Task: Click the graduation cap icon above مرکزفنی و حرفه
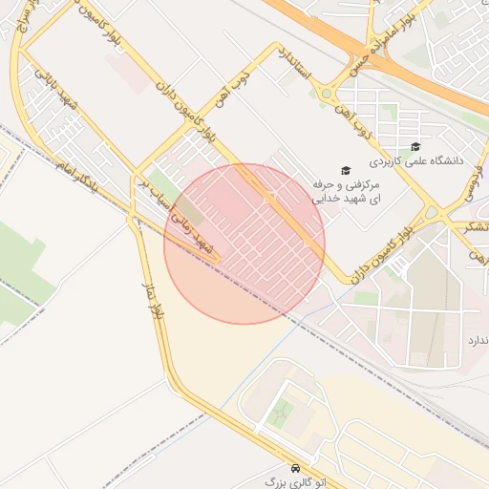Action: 345,169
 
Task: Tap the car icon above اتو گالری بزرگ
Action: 296,469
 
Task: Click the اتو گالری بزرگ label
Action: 295,483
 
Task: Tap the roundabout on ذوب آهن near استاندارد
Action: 328,94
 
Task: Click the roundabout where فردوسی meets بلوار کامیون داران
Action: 432,213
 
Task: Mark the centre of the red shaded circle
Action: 244,244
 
